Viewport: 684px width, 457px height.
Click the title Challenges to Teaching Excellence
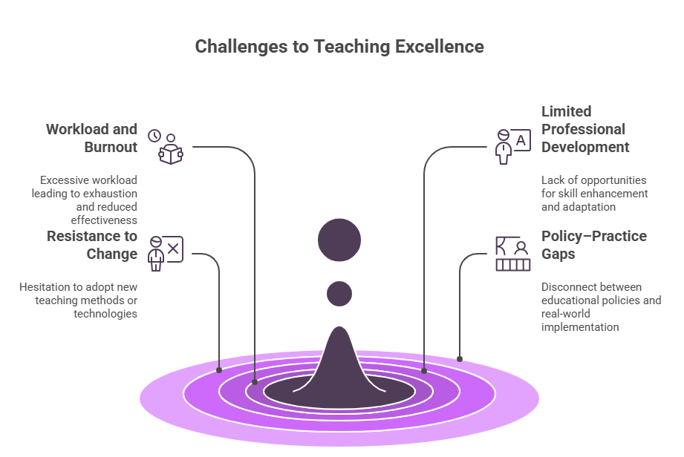pyautogui.click(x=339, y=47)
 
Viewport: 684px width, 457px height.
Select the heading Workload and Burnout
pyautogui.click(x=92, y=138)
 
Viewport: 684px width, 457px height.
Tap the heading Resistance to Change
pyautogui.click(x=92, y=245)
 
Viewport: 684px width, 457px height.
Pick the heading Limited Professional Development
pyautogui.click(x=584, y=129)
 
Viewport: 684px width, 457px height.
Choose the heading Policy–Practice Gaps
pyautogui.click(x=593, y=245)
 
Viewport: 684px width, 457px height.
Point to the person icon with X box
pyautogui.click(x=166, y=253)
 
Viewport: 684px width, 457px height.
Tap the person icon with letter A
pyautogui.click(x=512, y=146)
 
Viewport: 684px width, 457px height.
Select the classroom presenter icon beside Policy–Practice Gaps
pyautogui.click(x=513, y=254)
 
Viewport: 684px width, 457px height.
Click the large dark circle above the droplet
pyautogui.click(x=339, y=240)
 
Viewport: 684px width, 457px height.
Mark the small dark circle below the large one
pyautogui.click(x=339, y=293)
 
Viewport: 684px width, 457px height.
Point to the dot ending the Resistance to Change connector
pyautogui.click(x=219, y=369)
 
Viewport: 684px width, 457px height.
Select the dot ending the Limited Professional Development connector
pyautogui.click(x=424, y=370)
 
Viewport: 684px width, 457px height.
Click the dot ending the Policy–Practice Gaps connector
pyautogui.click(x=460, y=359)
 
